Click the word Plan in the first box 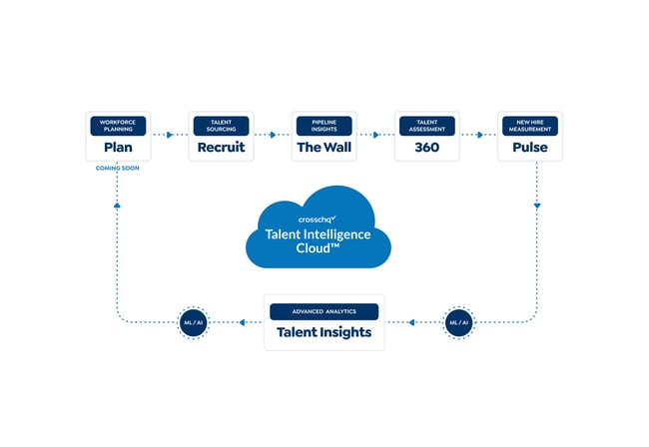pos(118,148)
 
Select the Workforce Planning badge pos(118,126)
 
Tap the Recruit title pos(220,148)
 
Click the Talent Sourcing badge pos(220,126)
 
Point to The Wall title pos(324,148)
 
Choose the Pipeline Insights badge pos(324,126)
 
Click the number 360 pos(426,148)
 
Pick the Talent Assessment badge pos(426,126)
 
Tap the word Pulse pos(530,148)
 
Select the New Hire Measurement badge pos(530,126)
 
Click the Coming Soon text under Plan pos(118,169)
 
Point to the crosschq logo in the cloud pos(318,219)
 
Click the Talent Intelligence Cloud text pos(318,241)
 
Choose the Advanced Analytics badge pos(324,311)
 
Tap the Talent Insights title pos(324,333)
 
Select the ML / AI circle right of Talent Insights pos(458,322)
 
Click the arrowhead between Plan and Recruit pos(170,135)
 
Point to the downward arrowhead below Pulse pos(537,207)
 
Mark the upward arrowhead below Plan pos(118,205)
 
